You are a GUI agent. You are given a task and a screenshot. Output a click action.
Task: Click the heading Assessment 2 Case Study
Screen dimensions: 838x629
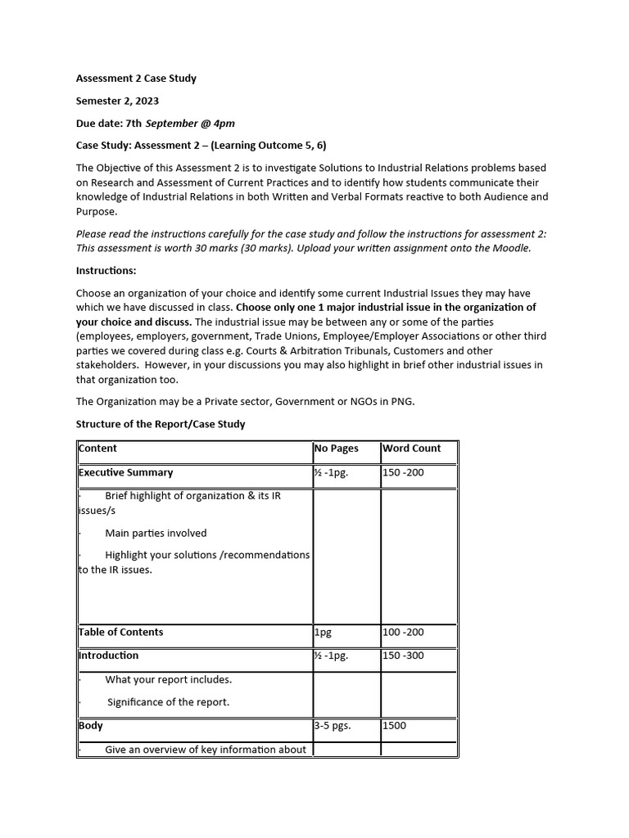[136, 79]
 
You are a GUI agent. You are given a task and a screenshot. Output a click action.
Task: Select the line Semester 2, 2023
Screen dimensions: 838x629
[117, 101]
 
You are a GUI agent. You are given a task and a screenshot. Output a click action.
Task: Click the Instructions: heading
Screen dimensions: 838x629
[106, 270]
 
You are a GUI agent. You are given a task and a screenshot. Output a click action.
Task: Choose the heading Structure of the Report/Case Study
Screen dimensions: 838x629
[161, 424]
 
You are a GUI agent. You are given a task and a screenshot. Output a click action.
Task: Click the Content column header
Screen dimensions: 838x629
[98, 448]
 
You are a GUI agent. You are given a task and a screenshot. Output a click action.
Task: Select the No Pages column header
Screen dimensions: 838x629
[336, 448]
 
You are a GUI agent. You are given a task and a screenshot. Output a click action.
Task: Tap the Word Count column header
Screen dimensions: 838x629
[411, 448]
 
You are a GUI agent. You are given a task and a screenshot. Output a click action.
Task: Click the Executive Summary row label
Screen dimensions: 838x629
[126, 472]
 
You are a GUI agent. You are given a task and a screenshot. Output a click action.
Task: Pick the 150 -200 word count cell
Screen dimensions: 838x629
[403, 472]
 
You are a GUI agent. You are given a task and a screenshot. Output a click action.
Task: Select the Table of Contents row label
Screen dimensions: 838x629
[121, 632]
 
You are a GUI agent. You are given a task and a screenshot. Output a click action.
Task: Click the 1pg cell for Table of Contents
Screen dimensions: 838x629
[323, 632]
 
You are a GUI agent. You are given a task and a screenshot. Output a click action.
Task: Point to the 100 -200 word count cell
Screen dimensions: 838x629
[403, 632]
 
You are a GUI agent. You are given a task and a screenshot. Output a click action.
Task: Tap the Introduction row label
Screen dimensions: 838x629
[109, 656]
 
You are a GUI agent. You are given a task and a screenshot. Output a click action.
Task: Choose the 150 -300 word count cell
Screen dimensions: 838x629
[403, 656]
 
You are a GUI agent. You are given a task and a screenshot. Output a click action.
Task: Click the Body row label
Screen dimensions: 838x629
[91, 726]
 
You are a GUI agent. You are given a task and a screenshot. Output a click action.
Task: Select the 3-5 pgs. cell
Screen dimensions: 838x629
[333, 726]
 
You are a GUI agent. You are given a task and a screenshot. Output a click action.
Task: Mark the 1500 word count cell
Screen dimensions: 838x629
[394, 726]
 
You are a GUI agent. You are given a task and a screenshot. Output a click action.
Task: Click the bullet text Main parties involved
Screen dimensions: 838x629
[156, 533]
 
